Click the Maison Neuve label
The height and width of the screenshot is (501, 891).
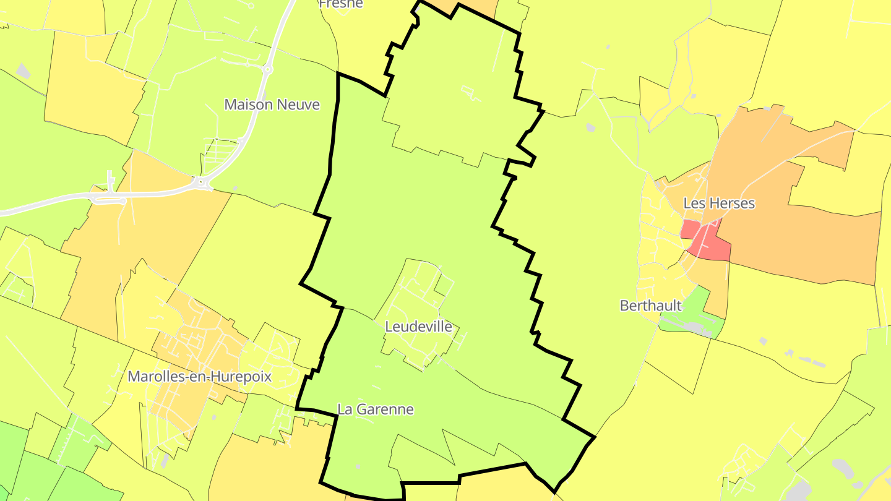click(x=272, y=105)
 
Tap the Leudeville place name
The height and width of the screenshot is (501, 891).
click(x=418, y=327)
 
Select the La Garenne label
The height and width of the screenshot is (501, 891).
click(x=375, y=409)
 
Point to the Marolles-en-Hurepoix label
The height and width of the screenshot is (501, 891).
click(x=199, y=377)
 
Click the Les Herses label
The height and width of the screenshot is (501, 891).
click(x=719, y=203)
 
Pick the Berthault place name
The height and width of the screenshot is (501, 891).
click(x=650, y=306)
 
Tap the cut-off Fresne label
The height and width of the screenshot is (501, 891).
click(x=340, y=4)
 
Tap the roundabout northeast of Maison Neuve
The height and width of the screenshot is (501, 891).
click(x=267, y=70)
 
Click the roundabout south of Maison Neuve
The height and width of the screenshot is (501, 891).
click(x=200, y=182)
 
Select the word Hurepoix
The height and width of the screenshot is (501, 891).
click(x=243, y=377)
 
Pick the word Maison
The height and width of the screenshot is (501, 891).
click(x=246, y=105)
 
